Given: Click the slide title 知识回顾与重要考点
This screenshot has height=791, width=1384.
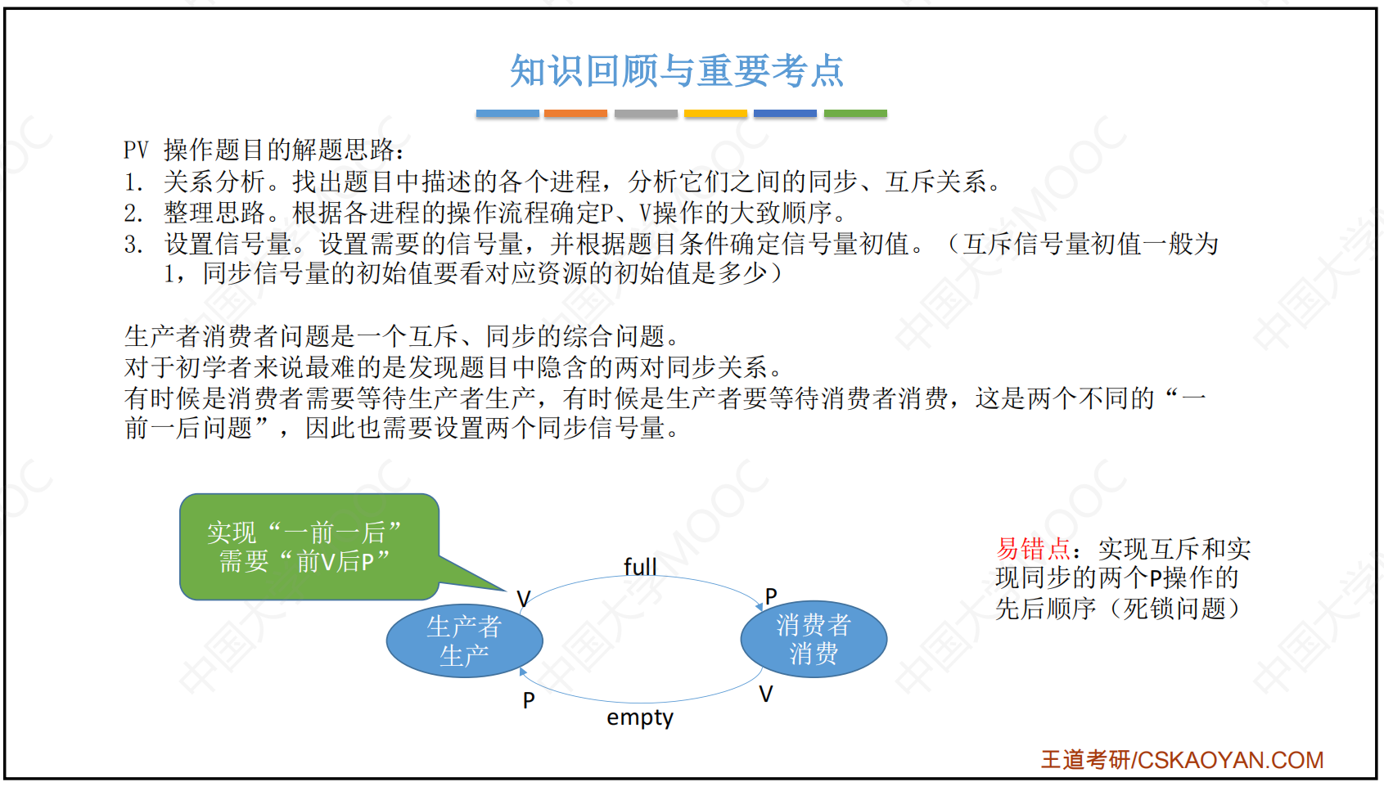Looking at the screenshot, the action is (x=677, y=71).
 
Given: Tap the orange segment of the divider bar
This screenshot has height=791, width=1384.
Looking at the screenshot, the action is (x=575, y=114).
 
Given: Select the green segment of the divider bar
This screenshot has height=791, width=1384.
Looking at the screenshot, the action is (x=855, y=114).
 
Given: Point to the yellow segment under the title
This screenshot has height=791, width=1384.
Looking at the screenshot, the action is (x=715, y=114).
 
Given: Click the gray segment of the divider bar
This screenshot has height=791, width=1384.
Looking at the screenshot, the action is (x=646, y=114).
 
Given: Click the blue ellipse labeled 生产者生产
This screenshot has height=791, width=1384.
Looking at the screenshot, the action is (x=465, y=641).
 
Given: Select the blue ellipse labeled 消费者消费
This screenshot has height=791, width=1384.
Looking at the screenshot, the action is (x=814, y=639).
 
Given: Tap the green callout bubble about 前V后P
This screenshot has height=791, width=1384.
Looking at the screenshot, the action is (x=309, y=546).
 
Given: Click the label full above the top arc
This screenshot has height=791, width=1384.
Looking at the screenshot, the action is (x=640, y=566).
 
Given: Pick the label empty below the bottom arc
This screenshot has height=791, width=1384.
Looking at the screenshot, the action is (x=640, y=717).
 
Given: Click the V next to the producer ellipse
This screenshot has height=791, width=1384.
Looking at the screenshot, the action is (x=523, y=598).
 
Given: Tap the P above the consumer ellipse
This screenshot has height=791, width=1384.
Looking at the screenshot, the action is (x=771, y=595).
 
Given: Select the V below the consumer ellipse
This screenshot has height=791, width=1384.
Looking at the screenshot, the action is (x=766, y=694).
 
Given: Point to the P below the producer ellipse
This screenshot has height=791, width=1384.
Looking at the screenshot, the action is (x=529, y=700).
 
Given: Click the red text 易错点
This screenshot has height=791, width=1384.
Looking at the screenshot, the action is (x=1033, y=548).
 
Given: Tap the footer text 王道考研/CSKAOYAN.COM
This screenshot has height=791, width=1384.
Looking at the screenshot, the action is (x=1182, y=760).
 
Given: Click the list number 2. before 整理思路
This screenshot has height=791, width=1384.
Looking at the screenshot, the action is (x=133, y=213).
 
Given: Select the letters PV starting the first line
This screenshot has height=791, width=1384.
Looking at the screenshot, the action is (x=136, y=150).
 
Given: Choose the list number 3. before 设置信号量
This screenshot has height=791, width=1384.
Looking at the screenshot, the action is (x=133, y=245).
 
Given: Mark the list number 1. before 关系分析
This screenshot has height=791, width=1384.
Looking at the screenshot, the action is (x=133, y=182).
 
